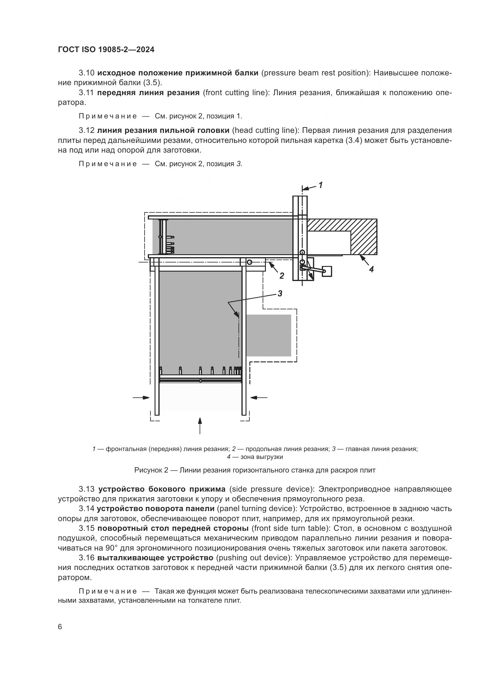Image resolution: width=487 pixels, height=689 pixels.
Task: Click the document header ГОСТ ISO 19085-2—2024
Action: pyautogui.click(x=106, y=49)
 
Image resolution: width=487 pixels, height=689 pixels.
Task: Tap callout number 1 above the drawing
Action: pyautogui.click(x=321, y=185)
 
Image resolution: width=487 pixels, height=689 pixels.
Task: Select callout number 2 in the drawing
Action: pyautogui.click(x=281, y=275)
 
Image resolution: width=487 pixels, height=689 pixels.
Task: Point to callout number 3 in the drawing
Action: pyautogui.click(x=280, y=293)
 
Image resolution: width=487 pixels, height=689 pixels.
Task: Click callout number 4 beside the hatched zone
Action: pyautogui.click(x=372, y=269)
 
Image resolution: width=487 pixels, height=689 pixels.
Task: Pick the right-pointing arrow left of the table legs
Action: pyautogui.click(x=142, y=398)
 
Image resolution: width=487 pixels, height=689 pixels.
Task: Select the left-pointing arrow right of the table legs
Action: pyautogui.click(x=259, y=398)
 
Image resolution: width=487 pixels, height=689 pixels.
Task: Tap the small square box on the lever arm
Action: pyautogui.click(x=327, y=271)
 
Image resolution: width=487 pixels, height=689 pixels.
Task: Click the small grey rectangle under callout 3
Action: pyautogui.click(x=269, y=335)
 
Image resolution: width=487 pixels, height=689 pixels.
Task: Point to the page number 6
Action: pyautogui.click(x=60, y=627)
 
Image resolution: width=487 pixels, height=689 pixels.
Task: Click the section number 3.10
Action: pyautogui.click(x=87, y=73)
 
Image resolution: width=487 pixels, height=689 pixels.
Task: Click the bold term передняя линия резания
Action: pyautogui.click(x=148, y=93)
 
